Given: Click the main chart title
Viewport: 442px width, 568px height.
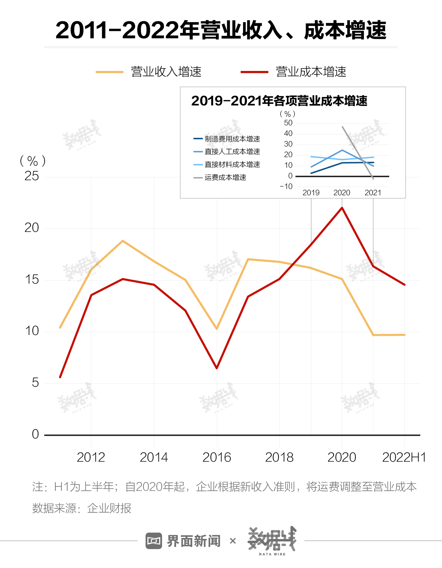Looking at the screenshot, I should [x=221, y=31].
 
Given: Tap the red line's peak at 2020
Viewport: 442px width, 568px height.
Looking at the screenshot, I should [x=342, y=208].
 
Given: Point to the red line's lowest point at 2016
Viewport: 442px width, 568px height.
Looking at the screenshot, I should [x=217, y=368].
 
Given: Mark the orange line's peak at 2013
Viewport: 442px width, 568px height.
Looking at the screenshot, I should [x=123, y=241].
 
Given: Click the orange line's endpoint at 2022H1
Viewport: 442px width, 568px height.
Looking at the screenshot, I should [x=404, y=335].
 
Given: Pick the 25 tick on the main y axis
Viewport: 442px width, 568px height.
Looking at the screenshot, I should [x=32, y=176].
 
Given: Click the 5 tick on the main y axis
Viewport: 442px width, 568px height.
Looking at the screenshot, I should [x=35, y=383].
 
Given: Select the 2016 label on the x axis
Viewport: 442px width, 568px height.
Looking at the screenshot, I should [x=217, y=458].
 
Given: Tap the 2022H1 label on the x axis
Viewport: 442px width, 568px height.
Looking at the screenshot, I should [x=404, y=458].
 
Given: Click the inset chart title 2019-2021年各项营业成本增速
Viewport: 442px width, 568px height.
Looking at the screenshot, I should [x=279, y=101].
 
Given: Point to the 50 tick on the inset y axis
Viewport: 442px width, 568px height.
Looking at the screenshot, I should [x=288, y=123].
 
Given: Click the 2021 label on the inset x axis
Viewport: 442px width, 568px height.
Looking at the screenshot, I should [x=373, y=193].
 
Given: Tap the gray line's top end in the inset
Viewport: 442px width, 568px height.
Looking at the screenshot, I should [x=343, y=127].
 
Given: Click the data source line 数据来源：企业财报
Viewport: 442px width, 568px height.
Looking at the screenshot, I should [x=82, y=508].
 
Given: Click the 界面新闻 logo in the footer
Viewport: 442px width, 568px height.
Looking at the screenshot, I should [x=183, y=541].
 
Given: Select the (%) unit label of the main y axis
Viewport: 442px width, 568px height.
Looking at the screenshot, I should [x=32, y=161].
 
